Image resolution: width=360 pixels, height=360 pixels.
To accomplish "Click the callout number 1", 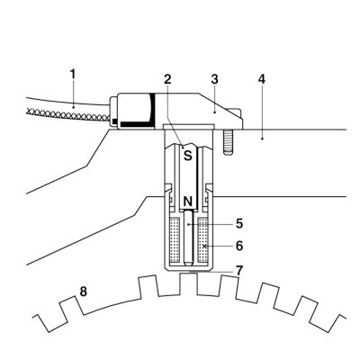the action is [73, 75].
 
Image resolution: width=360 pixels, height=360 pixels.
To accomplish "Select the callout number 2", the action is [167, 79].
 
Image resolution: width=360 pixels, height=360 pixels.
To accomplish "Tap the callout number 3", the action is [214, 79].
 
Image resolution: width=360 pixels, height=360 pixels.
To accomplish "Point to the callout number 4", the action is [262, 79].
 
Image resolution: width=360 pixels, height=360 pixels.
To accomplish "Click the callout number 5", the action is [239, 224].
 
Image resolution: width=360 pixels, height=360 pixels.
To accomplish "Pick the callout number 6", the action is [239, 246].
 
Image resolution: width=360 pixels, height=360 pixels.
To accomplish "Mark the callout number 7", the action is [239, 271].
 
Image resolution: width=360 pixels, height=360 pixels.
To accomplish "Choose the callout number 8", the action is [83, 292].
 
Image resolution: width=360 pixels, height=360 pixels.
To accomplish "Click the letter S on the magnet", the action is [188, 156].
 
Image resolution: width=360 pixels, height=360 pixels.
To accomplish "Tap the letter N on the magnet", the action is [188, 202].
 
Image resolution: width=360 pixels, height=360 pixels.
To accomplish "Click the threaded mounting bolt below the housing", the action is [229, 142].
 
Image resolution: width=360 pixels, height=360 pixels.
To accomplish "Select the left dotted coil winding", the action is [175, 238].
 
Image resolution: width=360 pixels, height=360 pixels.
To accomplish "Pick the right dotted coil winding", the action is [202, 238].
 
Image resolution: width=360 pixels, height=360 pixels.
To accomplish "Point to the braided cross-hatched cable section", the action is [68, 114].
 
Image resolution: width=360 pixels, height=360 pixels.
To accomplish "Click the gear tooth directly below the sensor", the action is [188, 283].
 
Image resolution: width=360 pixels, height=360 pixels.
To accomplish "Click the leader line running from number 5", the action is [209, 224].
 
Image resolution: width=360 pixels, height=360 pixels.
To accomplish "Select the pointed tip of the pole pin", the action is [188, 265].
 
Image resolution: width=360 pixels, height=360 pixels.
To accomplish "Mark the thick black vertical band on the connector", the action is [153, 109].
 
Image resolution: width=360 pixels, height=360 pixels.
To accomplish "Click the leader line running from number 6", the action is [218, 246].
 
